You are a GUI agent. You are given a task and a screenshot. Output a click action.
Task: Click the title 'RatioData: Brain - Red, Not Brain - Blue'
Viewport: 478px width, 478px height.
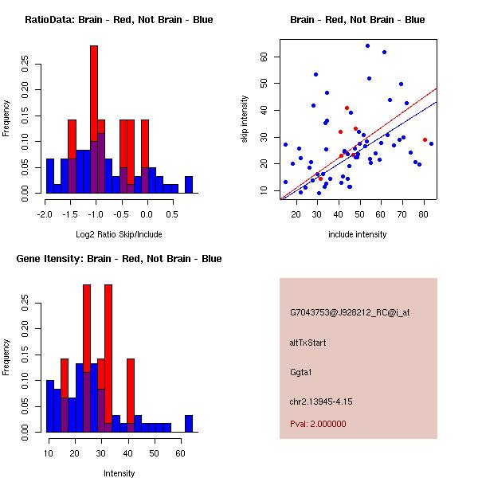[x=119, y=19]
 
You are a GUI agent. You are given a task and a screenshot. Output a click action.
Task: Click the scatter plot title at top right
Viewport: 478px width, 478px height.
[x=357, y=19]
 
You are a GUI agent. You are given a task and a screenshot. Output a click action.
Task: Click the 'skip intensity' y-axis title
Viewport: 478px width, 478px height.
[x=245, y=119]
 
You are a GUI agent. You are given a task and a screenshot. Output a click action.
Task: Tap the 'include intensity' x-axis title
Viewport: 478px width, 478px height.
[x=357, y=235]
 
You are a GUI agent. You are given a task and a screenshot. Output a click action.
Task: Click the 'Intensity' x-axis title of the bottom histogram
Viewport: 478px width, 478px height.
[x=119, y=473]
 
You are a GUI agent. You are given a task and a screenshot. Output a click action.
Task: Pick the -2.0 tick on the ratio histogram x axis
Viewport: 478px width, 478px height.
[x=45, y=214]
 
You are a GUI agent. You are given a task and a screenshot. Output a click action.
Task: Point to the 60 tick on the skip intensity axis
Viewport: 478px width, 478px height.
[x=262, y=57]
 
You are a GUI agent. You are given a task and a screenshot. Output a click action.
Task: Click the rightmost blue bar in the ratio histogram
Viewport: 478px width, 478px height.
[x=189, y=185]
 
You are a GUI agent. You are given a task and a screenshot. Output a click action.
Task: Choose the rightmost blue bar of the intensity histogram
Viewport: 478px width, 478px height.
[x=189, y=424]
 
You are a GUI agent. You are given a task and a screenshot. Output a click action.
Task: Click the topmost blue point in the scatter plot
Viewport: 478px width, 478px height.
[x=367, y=45]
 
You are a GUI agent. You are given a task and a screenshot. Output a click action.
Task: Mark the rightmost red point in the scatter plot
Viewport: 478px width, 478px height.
[x=425, y=140]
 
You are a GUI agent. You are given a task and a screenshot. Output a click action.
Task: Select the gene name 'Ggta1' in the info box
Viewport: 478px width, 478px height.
[x=303, y=372]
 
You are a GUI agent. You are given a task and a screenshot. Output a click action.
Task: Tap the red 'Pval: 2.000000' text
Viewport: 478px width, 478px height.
[x=318, y=424]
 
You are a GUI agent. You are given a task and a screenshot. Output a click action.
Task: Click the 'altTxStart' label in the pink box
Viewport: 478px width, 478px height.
[x=308, y=343]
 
